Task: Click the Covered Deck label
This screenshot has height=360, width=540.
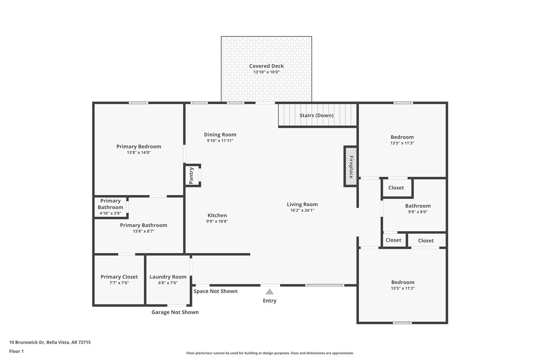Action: pyautogui.click(x=267, y=66)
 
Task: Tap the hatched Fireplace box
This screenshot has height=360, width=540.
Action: pyautogui.click(x=351, y=167)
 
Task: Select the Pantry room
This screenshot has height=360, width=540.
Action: pyautogui.click(x=192, y=176)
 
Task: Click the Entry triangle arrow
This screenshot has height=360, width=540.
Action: pyautogui.click(x=270, y=292)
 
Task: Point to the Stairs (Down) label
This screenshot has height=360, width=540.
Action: pyautogui.click(x=316, y=115)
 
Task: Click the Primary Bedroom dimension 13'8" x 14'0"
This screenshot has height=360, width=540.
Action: pyautogui.click(x=139, y=153)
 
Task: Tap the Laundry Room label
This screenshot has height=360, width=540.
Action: pyautogui.click(x=168, y=277)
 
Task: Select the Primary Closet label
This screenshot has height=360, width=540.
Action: pyautogui.click(x=119, y=277)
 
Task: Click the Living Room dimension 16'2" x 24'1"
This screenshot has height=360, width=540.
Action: pyautogui.click(x=302, y=210)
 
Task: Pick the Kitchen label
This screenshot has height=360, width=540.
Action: pyautogui.click(x=217, y=215)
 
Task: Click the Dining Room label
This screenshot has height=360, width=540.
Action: pyautogui.click(x=220, y=135)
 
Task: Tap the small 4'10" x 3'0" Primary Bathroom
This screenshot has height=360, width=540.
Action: pyautogui.click(x=110, y=207)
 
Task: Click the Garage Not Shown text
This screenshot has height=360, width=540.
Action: pyautogui.click(x=175, y=312)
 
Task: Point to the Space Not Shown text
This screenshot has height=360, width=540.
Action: pyautogui.click(x=215, y=291)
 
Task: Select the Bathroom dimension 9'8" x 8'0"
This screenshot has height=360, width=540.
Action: pyautogui.click(x=418, y=212)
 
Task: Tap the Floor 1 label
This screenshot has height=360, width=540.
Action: pyautogui.click(x=16, y=351)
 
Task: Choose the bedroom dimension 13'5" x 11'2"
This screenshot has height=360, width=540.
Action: pyautogui.click(x=403, y=288)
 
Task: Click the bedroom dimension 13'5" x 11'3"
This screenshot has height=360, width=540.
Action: pyautogui.click(x=402, y=143)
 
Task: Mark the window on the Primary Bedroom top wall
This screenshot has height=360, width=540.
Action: pyautogui.click(x=139, y=103)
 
